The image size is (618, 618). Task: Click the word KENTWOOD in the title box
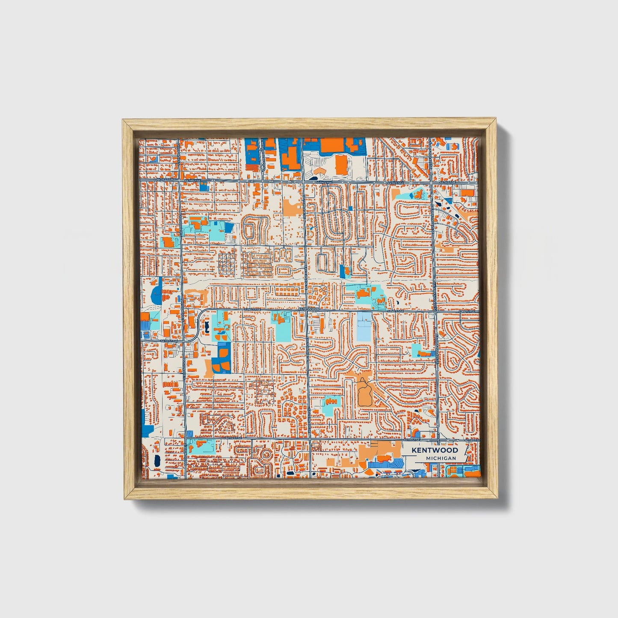(435, 450)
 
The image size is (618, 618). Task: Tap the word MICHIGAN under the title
(441, 458)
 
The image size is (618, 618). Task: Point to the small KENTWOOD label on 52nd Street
(309, 309)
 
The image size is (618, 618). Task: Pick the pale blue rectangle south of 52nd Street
(364, 327)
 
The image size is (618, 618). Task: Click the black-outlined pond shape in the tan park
(365, 394)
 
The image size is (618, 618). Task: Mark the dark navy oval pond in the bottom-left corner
(156, 461)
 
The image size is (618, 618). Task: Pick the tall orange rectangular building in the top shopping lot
(341, 165)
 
